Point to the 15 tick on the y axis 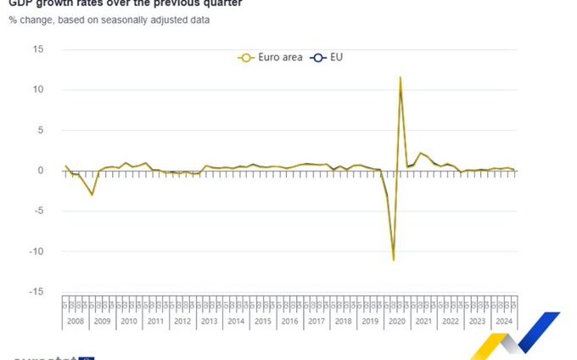click(37, 49)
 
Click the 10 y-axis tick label click(37, 89)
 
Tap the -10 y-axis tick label click(36, 251)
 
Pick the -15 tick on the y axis click(36, 291)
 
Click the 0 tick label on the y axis click(40, 171)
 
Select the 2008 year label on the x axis click(75, 322)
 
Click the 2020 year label click(396, 322)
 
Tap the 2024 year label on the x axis click(503, 322)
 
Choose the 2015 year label click(262, 322)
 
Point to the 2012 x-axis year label click(182, 322)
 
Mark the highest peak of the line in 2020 click(401, 77)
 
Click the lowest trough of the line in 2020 click(394, 259)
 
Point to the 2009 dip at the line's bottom click(92, 195)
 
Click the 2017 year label click(316, 322)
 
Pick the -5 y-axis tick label click(37, 211)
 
